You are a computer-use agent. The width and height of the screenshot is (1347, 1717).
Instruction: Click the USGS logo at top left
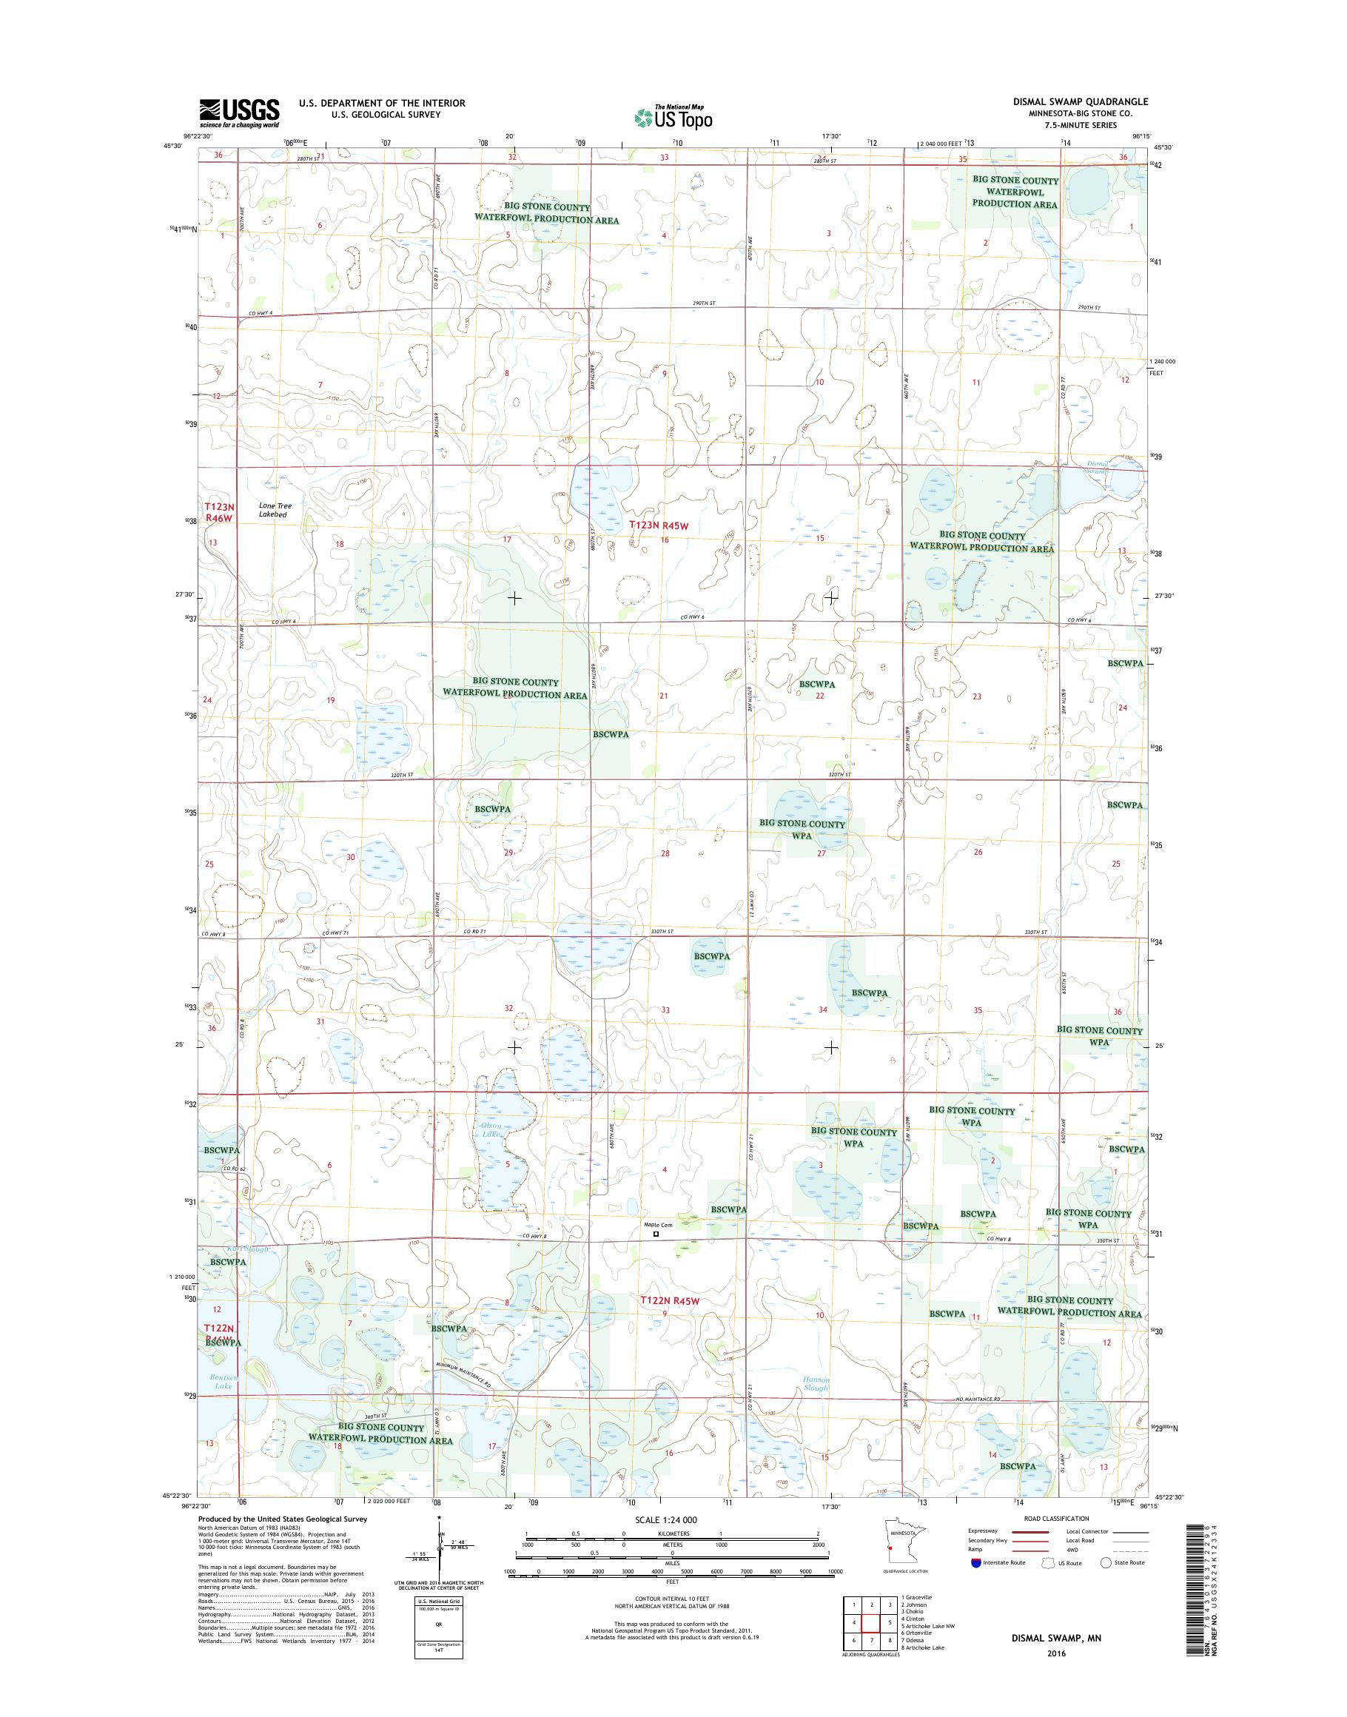coord(239,112)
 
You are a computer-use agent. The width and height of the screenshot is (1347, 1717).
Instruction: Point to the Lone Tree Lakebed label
coord(275,510)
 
